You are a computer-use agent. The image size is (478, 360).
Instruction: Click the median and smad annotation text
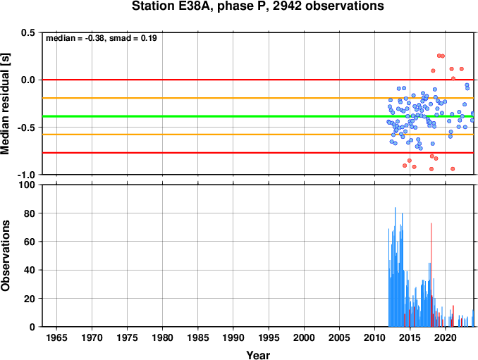pos(102,38)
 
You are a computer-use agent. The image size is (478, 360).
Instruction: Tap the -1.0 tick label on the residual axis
pos(27,175)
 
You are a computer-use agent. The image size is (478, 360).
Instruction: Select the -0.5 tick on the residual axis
pos(27,128)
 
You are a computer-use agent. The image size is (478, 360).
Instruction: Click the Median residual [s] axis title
pos(6,104)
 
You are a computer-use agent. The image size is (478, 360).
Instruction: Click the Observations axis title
pos(6,256)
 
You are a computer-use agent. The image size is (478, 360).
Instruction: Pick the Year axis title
pos(258,355)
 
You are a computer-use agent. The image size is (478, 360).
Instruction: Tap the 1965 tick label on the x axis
pos(56,337)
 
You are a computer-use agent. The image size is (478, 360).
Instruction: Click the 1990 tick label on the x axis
pos(233,337)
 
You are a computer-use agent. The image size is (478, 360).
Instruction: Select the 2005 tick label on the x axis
pos(339,337)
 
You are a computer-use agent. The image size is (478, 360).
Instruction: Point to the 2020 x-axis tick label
pos(446,337)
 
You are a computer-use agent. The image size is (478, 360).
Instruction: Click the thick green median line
pos(258,116)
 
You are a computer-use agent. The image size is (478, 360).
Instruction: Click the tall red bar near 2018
pos(431,275)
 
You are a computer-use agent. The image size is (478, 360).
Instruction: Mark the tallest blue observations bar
pos(396,267)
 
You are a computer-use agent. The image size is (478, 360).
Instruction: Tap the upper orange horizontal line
pos(258,98)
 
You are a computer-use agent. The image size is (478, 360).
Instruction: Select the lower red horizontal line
pos(258,153)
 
